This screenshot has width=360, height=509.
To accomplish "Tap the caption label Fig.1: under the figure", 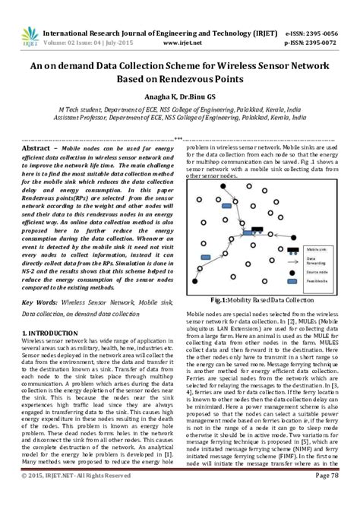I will (226, 299).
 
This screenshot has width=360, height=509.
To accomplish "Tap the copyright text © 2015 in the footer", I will (33, 496).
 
